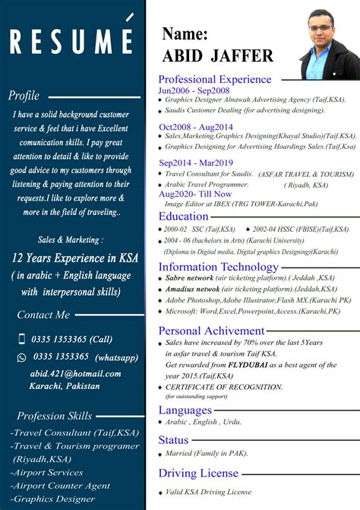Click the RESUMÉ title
pyautogui.click(x=71, y=42)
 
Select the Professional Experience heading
pyautogui.click(x=214, y=79)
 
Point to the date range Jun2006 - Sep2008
pyautogui.click(x=194, y=90)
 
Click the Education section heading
pyautogui.click(x=184, y=217)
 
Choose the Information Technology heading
pyautogui.click(x=218, y=267)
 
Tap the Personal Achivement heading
pyautogui.click(x=211, y=331)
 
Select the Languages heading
pyautogui.click(x=185, y=410)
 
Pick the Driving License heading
pyautogui.click(x=198, y=474)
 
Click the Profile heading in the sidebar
pyautogui.click(x=24, y=96)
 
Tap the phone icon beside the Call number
pyautogui.click(x=21, y=339)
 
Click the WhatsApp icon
pyautogui.click(x=21, y=356)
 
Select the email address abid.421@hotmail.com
pyautogui.click(x=75, y=374)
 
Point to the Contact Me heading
pyautogui.click(x=43, y=315)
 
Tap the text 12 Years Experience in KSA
pyautogui.click(x=75, y=258)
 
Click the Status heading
pyautogui.click(x=173, y=440)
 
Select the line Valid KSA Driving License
pyautogui.click(x=208, y=492)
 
